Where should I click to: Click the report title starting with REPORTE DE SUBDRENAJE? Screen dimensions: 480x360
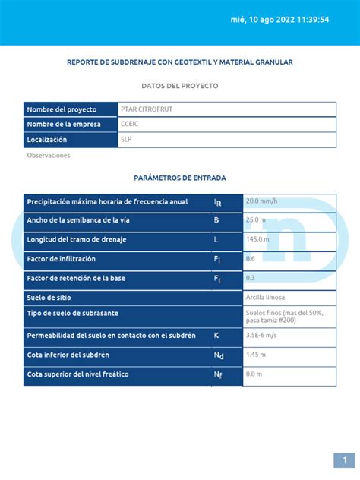[180, 62]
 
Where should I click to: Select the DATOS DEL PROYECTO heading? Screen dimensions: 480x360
[180, 86]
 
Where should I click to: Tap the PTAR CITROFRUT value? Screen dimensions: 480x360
[147, 109]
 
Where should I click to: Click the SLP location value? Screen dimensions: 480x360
[125, 140]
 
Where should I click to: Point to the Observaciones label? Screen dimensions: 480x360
[49, 156]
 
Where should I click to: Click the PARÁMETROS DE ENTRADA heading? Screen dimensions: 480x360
[180, 178]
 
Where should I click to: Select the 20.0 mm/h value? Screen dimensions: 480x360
[261, 201]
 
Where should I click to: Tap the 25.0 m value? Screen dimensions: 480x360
[257, 220]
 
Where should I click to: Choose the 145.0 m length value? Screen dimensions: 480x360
[258, 239]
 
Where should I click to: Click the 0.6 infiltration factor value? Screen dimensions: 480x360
[251, 259]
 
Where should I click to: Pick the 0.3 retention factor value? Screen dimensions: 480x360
[251, 278]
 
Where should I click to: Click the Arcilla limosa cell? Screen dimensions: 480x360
[266, 297]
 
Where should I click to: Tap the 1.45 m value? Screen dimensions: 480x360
[256, 355]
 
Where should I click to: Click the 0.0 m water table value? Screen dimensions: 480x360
[254, 374]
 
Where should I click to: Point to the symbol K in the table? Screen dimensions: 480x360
[216, 335]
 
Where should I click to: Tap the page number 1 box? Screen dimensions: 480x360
[344, 460]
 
